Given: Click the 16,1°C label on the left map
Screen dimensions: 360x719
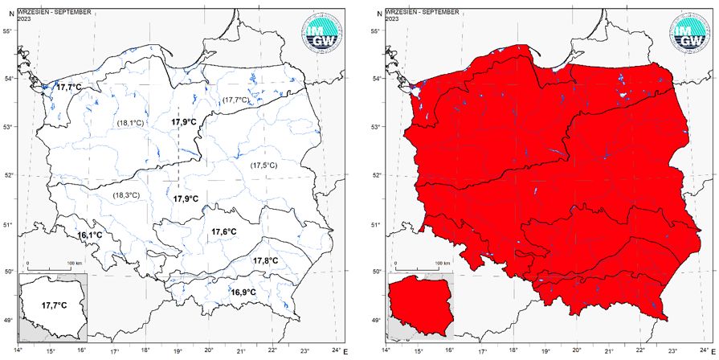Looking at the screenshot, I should click(x=89, y=235).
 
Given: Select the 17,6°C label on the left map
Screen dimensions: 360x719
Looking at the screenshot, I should click(x=223, y=232).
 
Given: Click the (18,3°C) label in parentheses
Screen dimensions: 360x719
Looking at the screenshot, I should click(x=125, y=195).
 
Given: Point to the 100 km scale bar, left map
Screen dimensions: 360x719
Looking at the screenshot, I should click(x=55, y=264).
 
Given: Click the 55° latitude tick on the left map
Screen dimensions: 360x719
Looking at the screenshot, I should click(x=6, y=31).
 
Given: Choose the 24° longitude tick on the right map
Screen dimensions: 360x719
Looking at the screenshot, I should click(x=704, y=351).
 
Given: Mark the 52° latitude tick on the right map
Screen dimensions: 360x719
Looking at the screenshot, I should click(x=375, y=175).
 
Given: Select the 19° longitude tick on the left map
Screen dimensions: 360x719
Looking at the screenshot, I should click(x=178, y=351).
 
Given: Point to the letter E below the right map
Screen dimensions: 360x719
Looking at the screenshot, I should click(x=714, y=352).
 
